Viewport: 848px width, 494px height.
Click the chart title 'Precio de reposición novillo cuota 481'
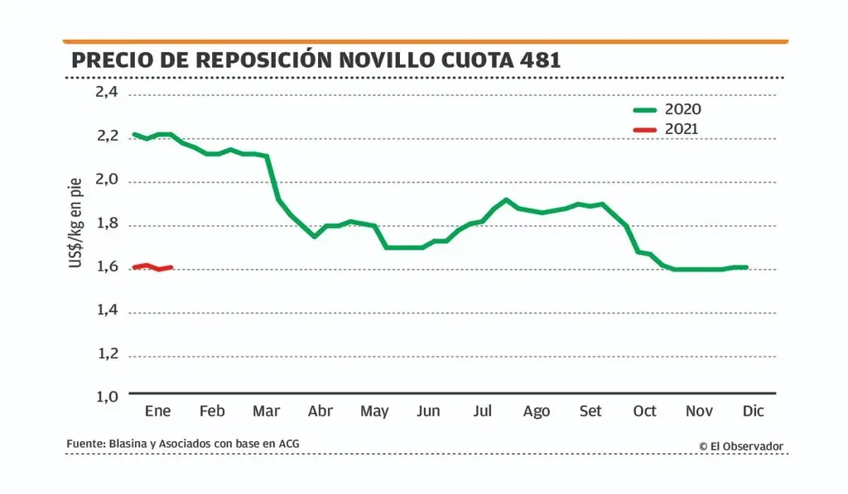pyautogui.click(x=316, y=60)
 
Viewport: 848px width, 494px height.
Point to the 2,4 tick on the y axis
pyautogui.click(x=107, y=92)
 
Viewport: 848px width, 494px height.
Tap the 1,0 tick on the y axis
pyautogui.click(x=107, y=396)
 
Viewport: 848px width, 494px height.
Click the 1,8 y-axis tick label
pyautogui.click(x=107, y=223)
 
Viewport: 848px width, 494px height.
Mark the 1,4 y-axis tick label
pyautogui.click(x=107, y=310)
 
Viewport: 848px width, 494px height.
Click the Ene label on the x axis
pyautogui.click(x=157, y=411)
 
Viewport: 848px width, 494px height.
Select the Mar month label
pyautogui.click(x=266, y=411)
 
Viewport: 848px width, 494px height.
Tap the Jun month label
pyautogui.click(x=428, y=411)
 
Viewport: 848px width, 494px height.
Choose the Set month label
pyautogui.click(x=590, y=411)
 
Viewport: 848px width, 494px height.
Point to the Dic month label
pyautogui.click(x=753, y=411)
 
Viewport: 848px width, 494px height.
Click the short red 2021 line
pyautogui.click(x=152, y=267)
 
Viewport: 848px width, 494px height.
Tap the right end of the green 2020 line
pyautogui.click(x=746, y=267)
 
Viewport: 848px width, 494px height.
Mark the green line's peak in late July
pyautogui.click(x=506, y=199)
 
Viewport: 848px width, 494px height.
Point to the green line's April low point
pyautogui.click(x=314, y=237)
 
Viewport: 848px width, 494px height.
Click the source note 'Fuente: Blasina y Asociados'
pyautogui.click(x=182, y=444)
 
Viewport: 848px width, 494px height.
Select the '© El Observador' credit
pyautogui.click(x=740, y=446)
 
